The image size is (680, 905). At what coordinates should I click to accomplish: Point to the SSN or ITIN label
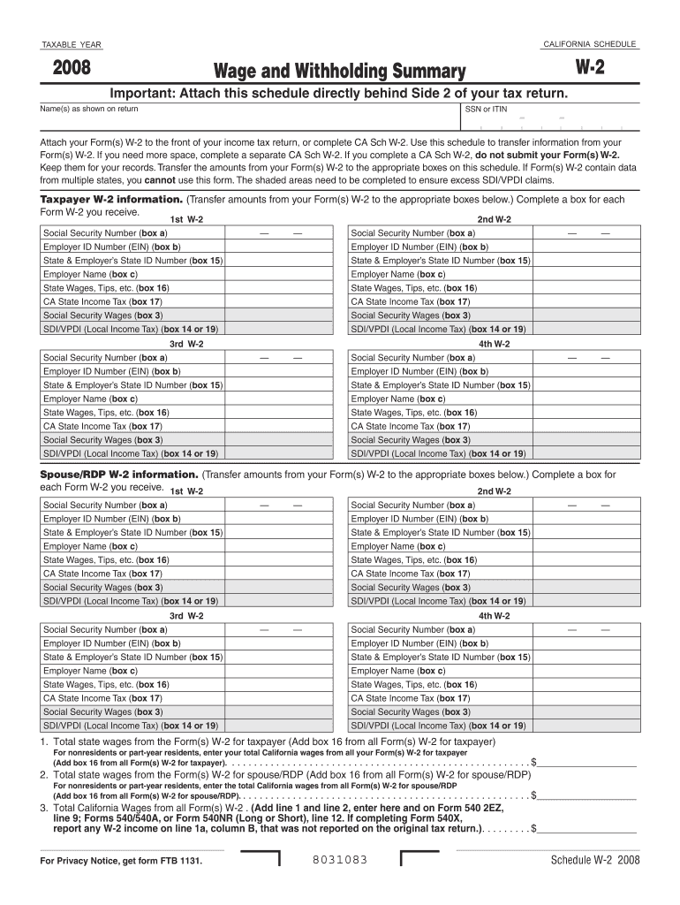487,110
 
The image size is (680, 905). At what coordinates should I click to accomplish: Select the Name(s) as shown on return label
89,109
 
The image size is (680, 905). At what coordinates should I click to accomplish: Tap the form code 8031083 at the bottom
340,860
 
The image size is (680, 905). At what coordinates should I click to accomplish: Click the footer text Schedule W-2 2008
595,861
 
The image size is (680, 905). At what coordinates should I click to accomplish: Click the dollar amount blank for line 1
586,761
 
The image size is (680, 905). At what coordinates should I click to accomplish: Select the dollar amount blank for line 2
586,795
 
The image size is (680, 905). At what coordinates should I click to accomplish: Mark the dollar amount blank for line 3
586,829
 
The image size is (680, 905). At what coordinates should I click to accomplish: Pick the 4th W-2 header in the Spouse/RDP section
494,615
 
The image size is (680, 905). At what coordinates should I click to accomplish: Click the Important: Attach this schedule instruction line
338,94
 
